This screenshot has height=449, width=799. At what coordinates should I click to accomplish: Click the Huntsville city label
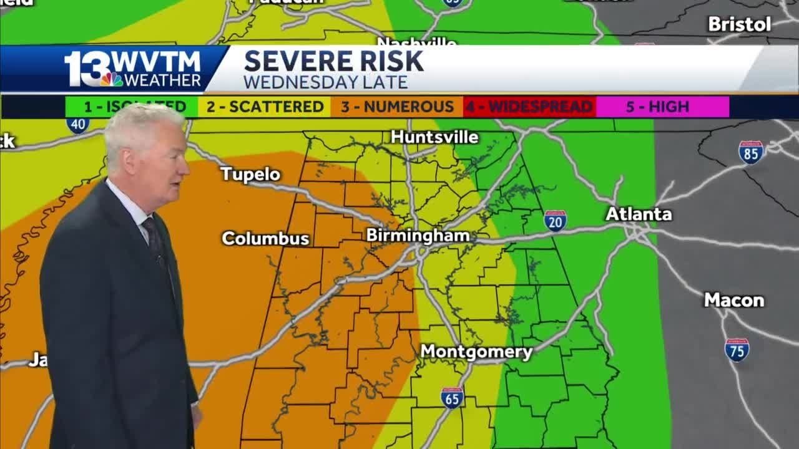(x=434, y=137)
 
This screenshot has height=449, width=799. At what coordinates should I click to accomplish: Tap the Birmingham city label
(x=418, y=235)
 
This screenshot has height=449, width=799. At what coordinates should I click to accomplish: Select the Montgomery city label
(x=476, y=352)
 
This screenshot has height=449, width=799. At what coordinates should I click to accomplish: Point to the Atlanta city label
(x=639, y=214)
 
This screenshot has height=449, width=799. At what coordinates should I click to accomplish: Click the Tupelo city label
(x=250, y=174)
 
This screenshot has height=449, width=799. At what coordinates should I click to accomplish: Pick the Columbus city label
(x=265, y=238)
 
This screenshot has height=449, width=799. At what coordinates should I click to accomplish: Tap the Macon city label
(x=734, y=300)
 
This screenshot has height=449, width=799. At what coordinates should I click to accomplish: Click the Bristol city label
(x=740, y=24)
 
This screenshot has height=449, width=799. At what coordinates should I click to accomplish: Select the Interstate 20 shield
(x=554, y=221)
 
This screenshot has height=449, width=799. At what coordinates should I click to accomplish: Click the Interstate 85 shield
(x=750, y=152)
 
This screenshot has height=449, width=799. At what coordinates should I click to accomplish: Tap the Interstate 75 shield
(x=737, y=350)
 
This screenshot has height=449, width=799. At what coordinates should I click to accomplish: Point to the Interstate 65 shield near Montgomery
(x=452, y=398)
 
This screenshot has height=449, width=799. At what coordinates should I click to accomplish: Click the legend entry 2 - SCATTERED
(x=265, y=107)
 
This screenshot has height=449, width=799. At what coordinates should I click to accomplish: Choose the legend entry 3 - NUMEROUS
(x=397, y=107)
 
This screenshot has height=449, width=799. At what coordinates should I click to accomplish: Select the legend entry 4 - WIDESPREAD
(x=529, y=107)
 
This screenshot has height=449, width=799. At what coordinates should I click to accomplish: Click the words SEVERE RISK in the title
(x=333, y=61)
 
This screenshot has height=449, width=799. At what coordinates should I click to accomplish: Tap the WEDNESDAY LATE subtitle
(x=325, y=82)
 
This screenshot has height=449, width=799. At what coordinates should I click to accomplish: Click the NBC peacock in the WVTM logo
(x=112, y=79)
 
